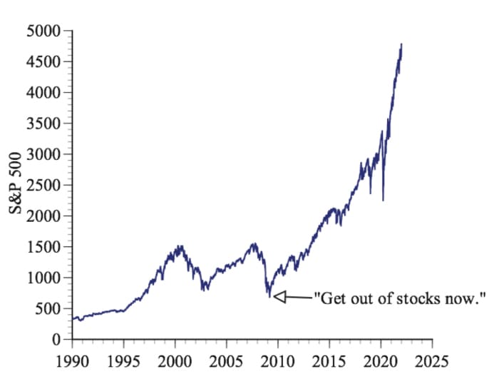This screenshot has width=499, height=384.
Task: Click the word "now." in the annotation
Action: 466,298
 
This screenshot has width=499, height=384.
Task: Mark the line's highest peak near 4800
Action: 401,44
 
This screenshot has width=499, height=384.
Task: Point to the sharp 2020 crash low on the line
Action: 383,201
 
